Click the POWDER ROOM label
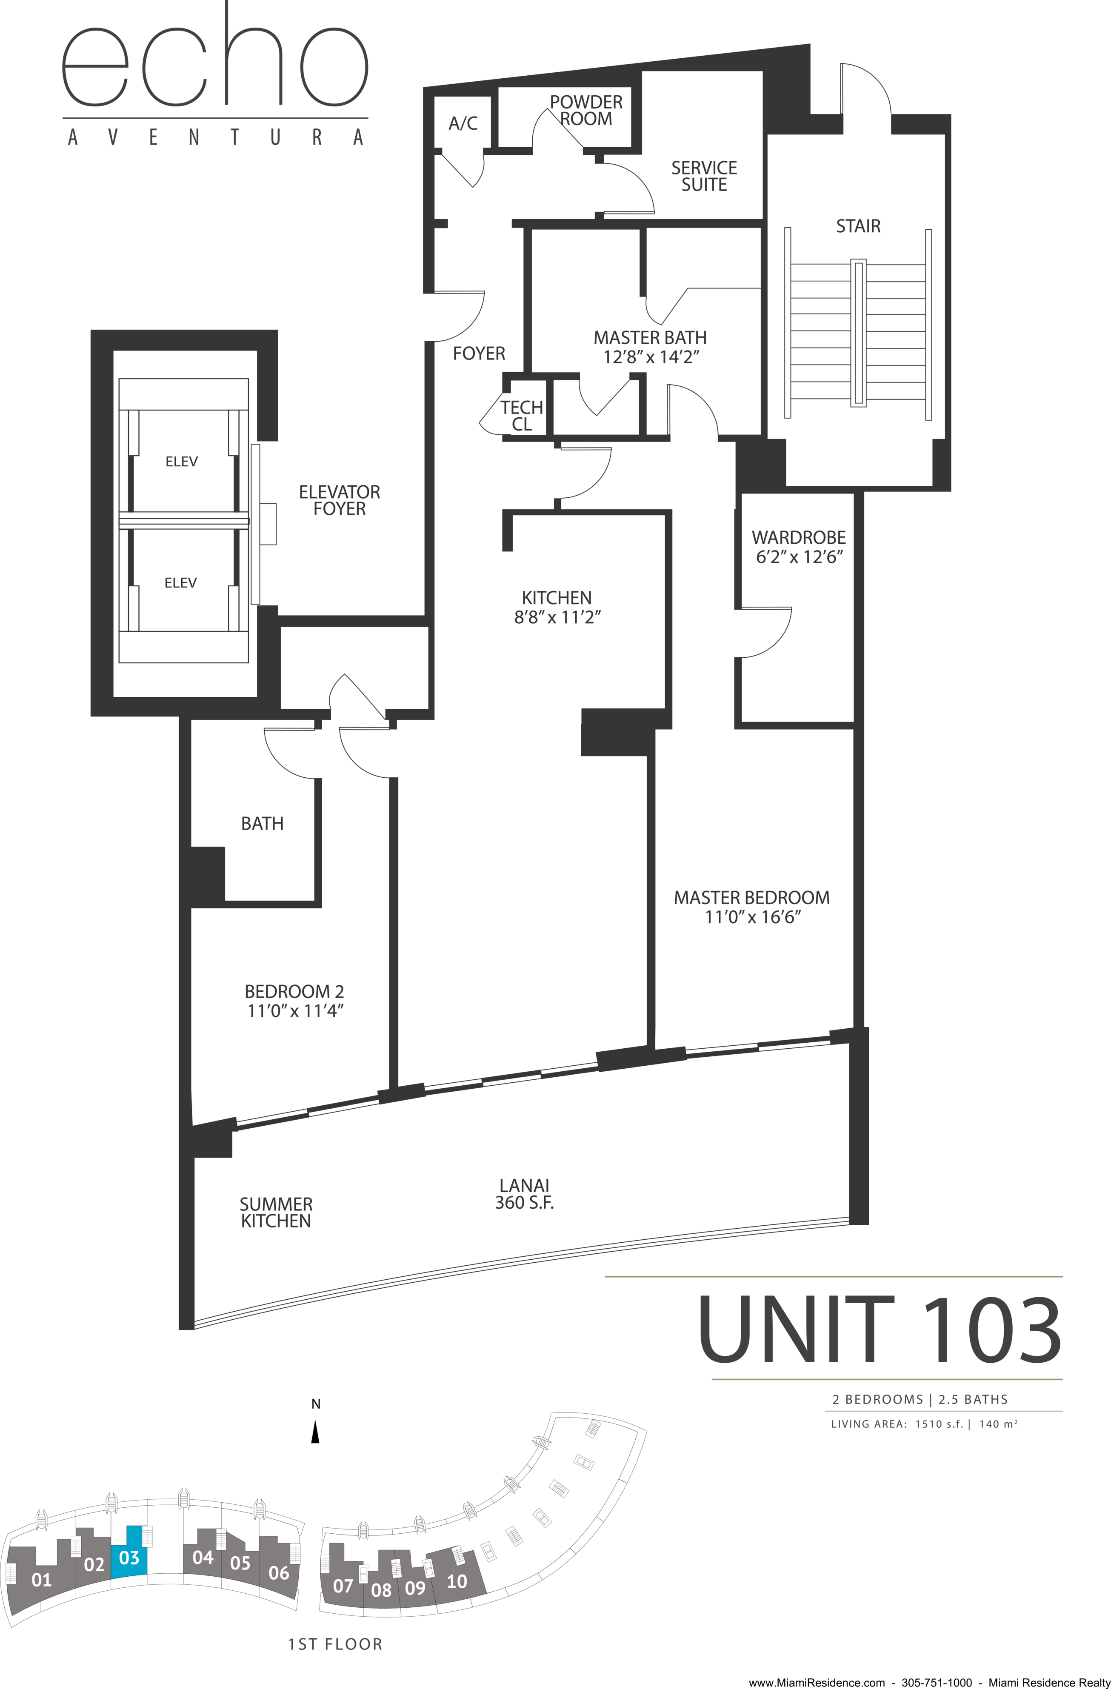(585, 110)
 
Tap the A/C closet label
(463, 123)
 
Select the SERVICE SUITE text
(704, 176)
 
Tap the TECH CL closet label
(522, 416)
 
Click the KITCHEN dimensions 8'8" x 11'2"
(557, 617)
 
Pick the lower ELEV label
(180, 582)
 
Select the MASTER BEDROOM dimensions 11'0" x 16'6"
(752, 917)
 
